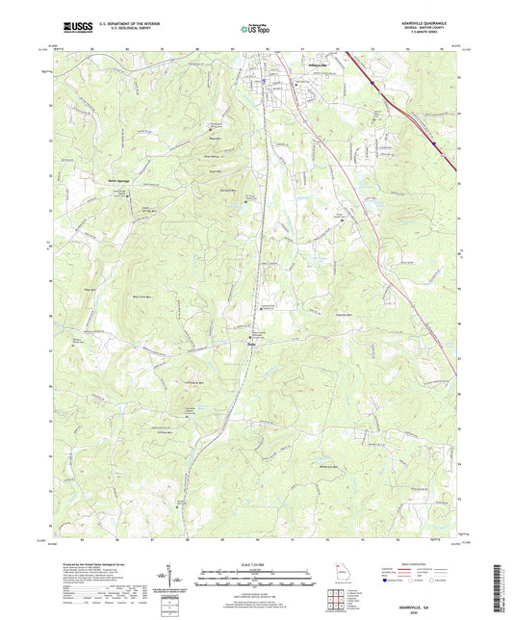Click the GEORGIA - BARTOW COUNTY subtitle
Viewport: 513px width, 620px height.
point(435,31)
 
